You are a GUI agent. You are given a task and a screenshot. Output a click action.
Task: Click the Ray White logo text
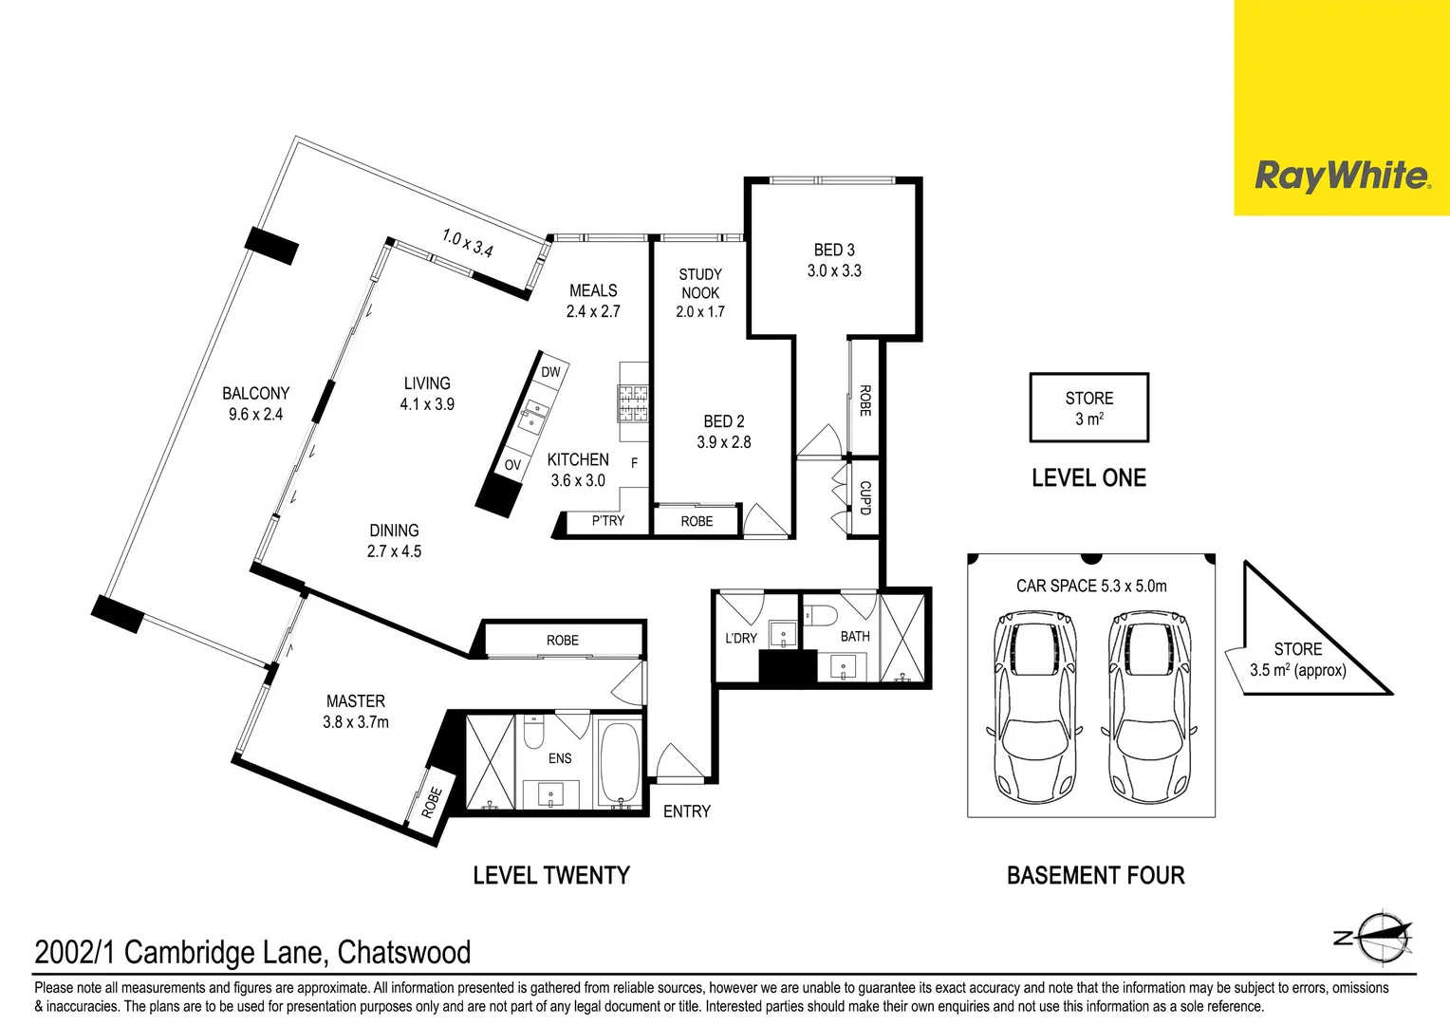click(1343, 177)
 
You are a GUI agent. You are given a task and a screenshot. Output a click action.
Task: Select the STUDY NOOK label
click(699, 284)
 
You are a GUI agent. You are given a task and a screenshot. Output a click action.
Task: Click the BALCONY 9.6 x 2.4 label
click(255, 403)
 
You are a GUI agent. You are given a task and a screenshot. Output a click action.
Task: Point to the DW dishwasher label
click(550, 372)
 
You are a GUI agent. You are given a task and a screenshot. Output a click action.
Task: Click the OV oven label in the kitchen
click(512, 465)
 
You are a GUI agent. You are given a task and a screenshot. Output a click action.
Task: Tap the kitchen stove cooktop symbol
click(632, 403)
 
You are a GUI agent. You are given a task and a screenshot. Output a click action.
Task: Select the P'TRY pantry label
click(608, 521)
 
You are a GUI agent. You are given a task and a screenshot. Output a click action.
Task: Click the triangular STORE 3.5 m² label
click(1298, 660)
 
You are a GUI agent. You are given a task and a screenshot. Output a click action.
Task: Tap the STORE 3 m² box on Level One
click(1089, 408)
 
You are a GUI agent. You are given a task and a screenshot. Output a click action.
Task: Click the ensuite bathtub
click(620, 762)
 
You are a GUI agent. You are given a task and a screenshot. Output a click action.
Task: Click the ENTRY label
click(687, 811)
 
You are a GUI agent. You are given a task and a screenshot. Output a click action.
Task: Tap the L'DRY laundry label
click(740, 639)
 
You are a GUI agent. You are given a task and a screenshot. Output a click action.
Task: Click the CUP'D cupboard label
click(864, 497)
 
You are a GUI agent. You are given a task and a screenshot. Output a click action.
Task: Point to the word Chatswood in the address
click(404, 953)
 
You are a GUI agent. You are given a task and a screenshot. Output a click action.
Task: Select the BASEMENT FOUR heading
click(1096, 875)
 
